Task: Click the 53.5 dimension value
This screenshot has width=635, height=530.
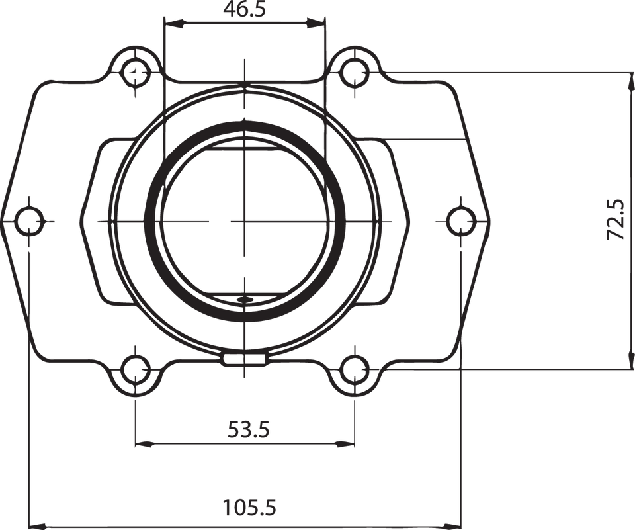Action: tap(248, 431)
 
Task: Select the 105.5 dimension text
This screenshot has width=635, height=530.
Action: tap(249, 508)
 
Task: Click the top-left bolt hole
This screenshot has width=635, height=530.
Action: tap(135, 69)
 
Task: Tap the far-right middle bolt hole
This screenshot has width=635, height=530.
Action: tap(460, 220)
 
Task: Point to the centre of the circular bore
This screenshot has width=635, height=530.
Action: tap(245, 220)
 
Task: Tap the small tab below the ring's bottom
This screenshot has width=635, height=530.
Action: tap(245, 361)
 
